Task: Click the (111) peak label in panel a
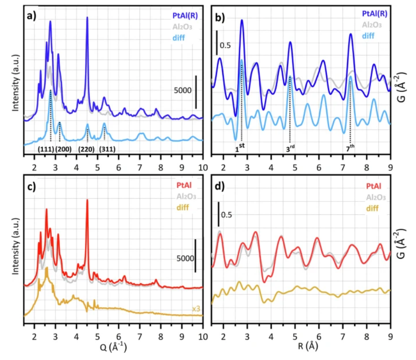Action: point(46,149)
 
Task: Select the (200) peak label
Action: point(64,149)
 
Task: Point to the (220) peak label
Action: point(87,149)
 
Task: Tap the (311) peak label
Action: point(107,149)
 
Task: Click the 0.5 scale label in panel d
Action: point(226,215)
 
